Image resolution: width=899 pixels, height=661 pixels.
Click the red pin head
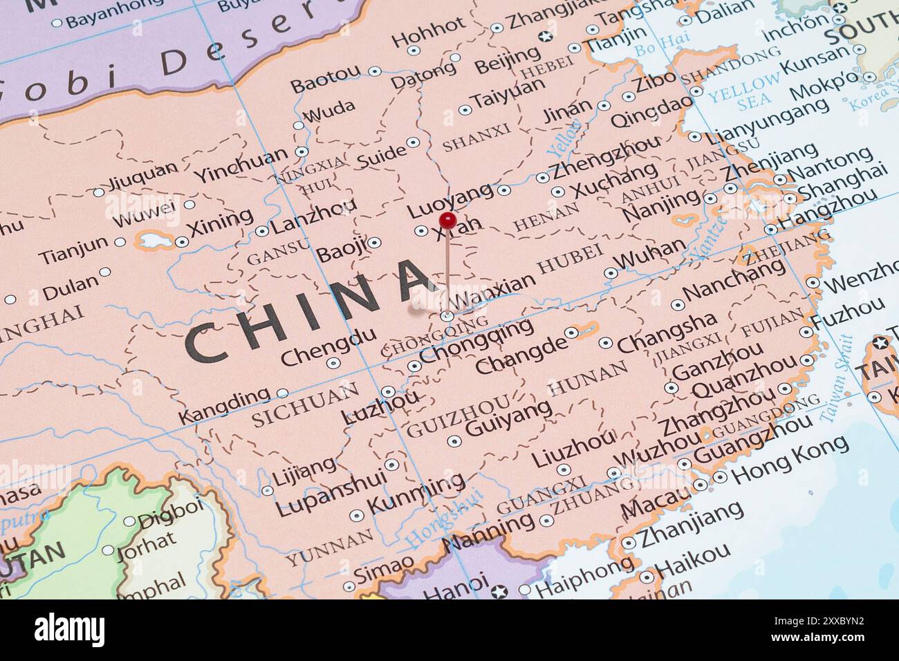(447, 221)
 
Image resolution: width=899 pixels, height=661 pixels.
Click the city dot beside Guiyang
(454, 441)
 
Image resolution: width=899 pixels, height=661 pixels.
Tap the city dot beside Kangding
(282, 393)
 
